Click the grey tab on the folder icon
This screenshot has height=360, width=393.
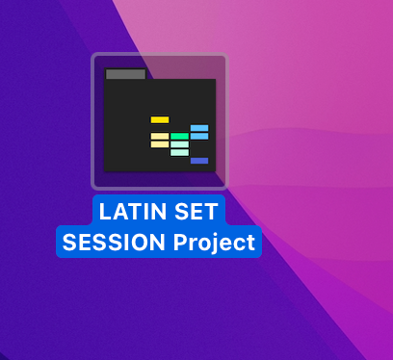(125, 74)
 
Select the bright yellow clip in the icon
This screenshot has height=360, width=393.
(160, 119)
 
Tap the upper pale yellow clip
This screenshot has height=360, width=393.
(160, 137)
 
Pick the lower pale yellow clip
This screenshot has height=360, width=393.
(160, 144)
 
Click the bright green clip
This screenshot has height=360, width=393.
(179, 136)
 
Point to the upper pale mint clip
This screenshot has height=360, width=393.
(179, 144)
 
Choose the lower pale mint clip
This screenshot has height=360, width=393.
(179, 152)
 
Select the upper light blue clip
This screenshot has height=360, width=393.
(199, 128)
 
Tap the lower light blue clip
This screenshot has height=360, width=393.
(199, 137)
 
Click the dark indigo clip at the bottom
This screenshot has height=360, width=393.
(199, 161)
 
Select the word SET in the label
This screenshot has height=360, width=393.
(193, 212)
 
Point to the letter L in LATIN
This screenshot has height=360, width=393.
(106, 212)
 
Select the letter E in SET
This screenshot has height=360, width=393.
(193, 212)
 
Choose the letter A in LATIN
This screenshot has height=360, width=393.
(118, 212)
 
